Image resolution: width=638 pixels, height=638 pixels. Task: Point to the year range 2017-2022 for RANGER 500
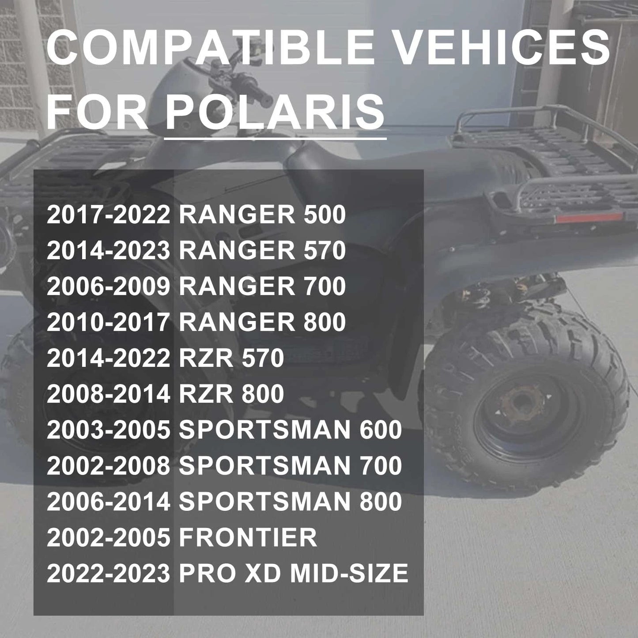point(108,215)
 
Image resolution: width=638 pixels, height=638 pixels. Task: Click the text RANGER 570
point(262,251)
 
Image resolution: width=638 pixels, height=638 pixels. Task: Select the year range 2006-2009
point(108,287)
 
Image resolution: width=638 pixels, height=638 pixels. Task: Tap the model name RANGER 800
point(262,322)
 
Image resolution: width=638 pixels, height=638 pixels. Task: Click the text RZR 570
point(231,358)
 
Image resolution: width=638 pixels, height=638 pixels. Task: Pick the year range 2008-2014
point(108,394)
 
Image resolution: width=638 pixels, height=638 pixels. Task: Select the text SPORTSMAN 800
point(291,502)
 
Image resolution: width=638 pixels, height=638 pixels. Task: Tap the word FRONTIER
point(248,537)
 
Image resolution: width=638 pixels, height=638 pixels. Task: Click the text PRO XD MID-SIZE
point(294,573)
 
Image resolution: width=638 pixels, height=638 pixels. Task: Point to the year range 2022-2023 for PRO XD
point(108,573)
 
